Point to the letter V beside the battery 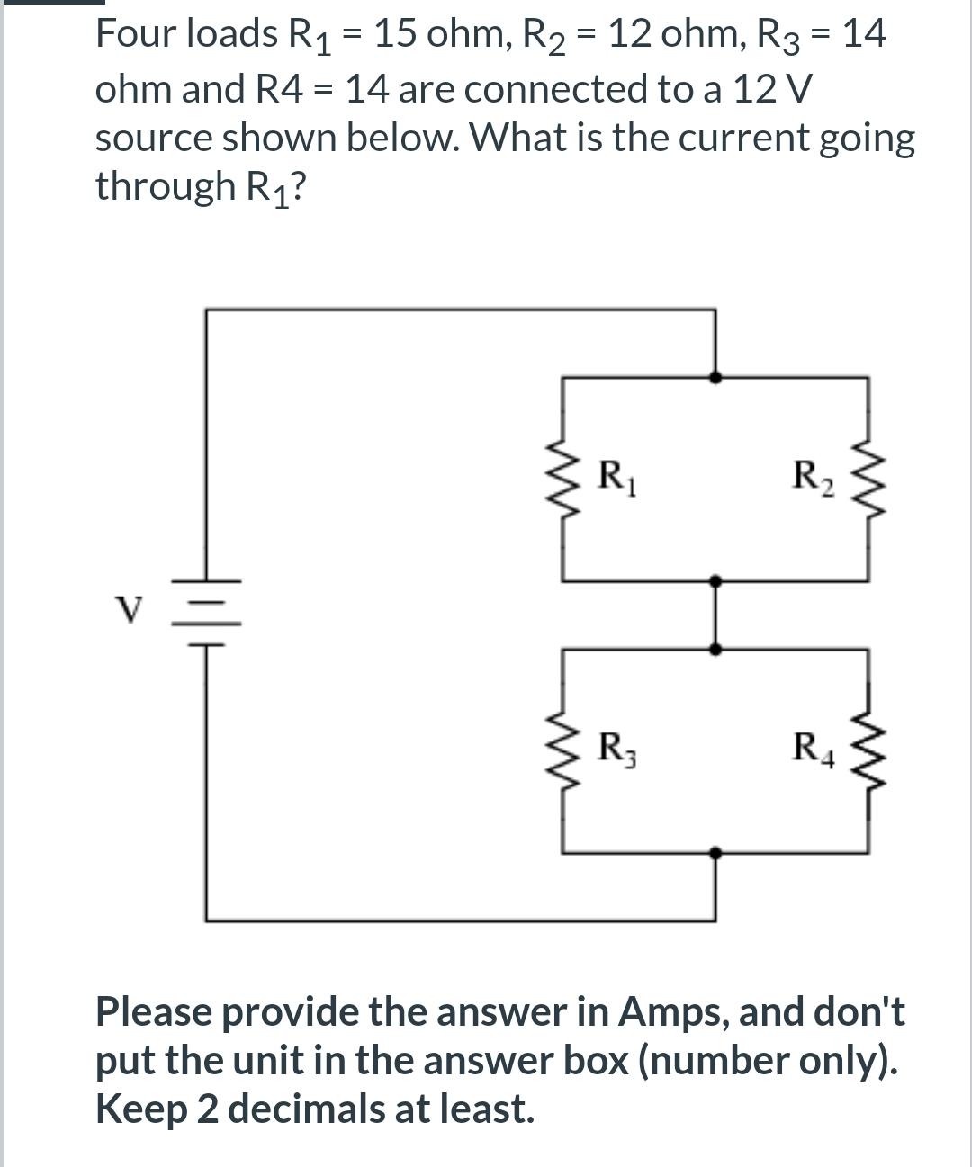[131, 611]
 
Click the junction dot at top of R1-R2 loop [715, 378]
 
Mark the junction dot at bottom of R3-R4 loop [715, 851]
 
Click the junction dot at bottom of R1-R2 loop [715, 581]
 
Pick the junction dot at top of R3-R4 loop [715, 648]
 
